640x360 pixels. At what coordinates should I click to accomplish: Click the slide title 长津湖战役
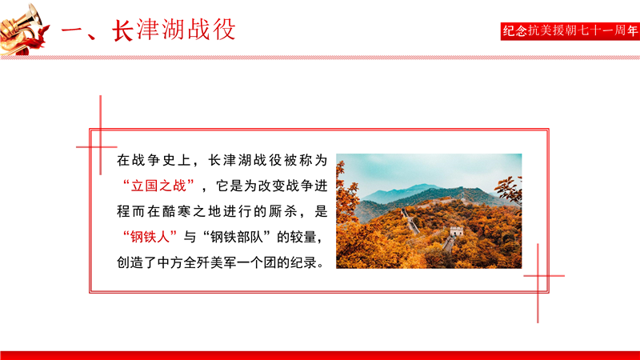tap(174, 30)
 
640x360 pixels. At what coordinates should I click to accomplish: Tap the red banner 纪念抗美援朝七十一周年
tap(570, 31)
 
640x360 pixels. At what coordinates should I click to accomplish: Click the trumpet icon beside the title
tap(22, 29)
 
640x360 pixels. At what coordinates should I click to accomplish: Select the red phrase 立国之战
tap(158, 186)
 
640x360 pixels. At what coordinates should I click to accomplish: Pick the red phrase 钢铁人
tap(150, 237)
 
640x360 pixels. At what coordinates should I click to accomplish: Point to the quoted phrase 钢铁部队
tap(237, 237)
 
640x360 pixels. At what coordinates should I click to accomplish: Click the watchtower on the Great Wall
tap(456, 230)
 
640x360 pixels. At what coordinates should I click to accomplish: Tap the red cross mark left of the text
tap(100, 146)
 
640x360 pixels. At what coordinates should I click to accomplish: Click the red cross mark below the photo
tap(538, 276)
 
